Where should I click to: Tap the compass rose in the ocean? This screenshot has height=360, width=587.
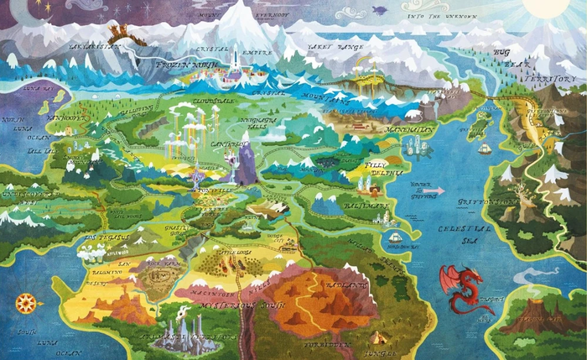[x=25, y=300]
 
